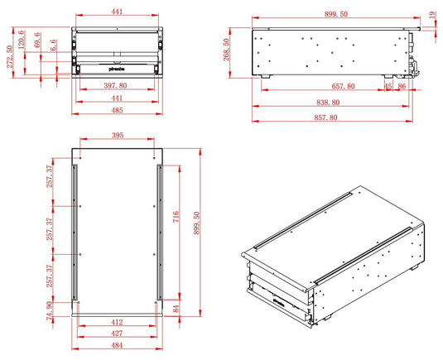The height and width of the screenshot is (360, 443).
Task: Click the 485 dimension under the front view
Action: pyautogui.click(x=117, y=110)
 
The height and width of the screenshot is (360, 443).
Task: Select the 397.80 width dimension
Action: pyautogui.click(x=117, y=85)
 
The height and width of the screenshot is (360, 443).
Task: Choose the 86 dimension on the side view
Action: pyautogui.click(x=402, y=86)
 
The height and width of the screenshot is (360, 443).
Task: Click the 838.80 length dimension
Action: pyautogui.click(x=326, y=102)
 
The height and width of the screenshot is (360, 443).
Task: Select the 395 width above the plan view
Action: pyautogui.click(x=117, y=136)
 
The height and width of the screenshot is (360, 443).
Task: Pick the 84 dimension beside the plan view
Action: pyautogui.click(x=176, y=309)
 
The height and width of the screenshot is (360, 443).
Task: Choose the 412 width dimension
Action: pyautogui.click(x=117, y=322)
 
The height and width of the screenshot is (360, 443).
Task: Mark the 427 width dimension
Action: pyautogui.click(x=117, y=334)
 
